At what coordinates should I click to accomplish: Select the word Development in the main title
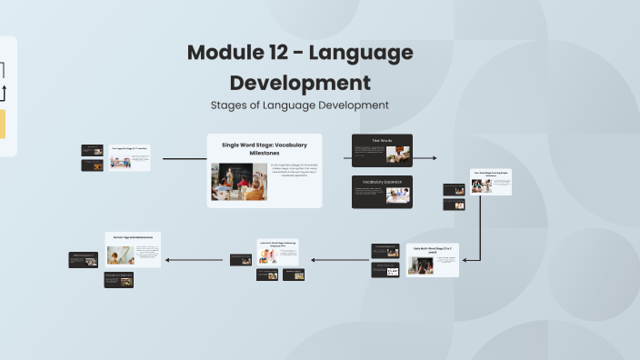[300, 83]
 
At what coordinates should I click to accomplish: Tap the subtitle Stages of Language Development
[300, 105]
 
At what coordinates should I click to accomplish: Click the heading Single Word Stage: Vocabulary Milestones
[265, 148]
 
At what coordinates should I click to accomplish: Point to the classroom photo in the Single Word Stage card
[239, 181]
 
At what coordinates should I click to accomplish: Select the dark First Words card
[382, 151]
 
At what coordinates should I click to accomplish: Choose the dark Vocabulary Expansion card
[382, 192]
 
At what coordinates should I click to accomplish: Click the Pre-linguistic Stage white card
[130, 157]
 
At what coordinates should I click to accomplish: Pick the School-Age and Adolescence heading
[133, 236]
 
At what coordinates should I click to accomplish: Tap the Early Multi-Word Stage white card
[433, 259]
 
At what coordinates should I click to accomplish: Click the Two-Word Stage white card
[491, 182]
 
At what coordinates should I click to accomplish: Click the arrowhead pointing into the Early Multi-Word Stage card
[463, 260]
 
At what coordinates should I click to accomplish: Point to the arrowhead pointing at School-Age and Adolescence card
[165, 260]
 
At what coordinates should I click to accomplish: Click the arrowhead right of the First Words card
[434, 158]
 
